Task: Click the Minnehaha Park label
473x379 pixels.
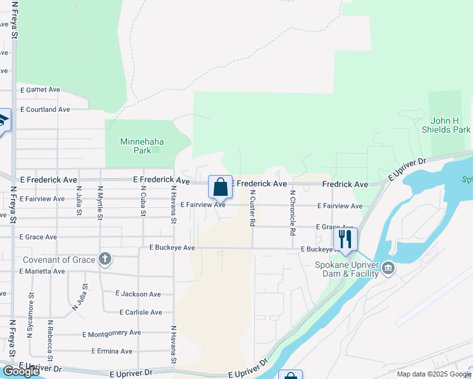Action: pyautogui.click(x=134, y=146)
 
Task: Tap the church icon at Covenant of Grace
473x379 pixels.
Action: pyautogui.click(x=105, y=259)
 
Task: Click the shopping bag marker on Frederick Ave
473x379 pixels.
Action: pyautogui.click(x=220, y=187)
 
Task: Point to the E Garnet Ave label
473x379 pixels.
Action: pyautogui.click(x=40, y=90)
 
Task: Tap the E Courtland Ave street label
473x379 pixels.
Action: pyautogui.click(x=45, y=109)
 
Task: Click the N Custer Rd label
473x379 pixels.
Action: pyautogui.click(x=252, y=208)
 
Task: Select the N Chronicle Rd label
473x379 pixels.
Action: pyautogui.click(x=292, y=213)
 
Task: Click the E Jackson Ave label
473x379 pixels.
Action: pyautogui.click(x=138, y=294)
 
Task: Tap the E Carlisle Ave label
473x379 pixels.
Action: pyautogui.click(x=140, y=312)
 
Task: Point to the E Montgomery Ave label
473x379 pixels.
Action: pyautogui.click(x=111, y=332)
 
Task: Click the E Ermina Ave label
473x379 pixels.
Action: pyautogui.click(x=112, y=351)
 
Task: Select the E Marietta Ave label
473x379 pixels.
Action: pyautogui.click(x=42, y=271)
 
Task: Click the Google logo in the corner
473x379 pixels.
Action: pyautogui.click(x=21, y=371)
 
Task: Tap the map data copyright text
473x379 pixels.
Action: pyautogui.click(x=434, y=374)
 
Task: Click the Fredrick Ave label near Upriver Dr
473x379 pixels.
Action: pyautogui.click(x=345, y=184)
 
